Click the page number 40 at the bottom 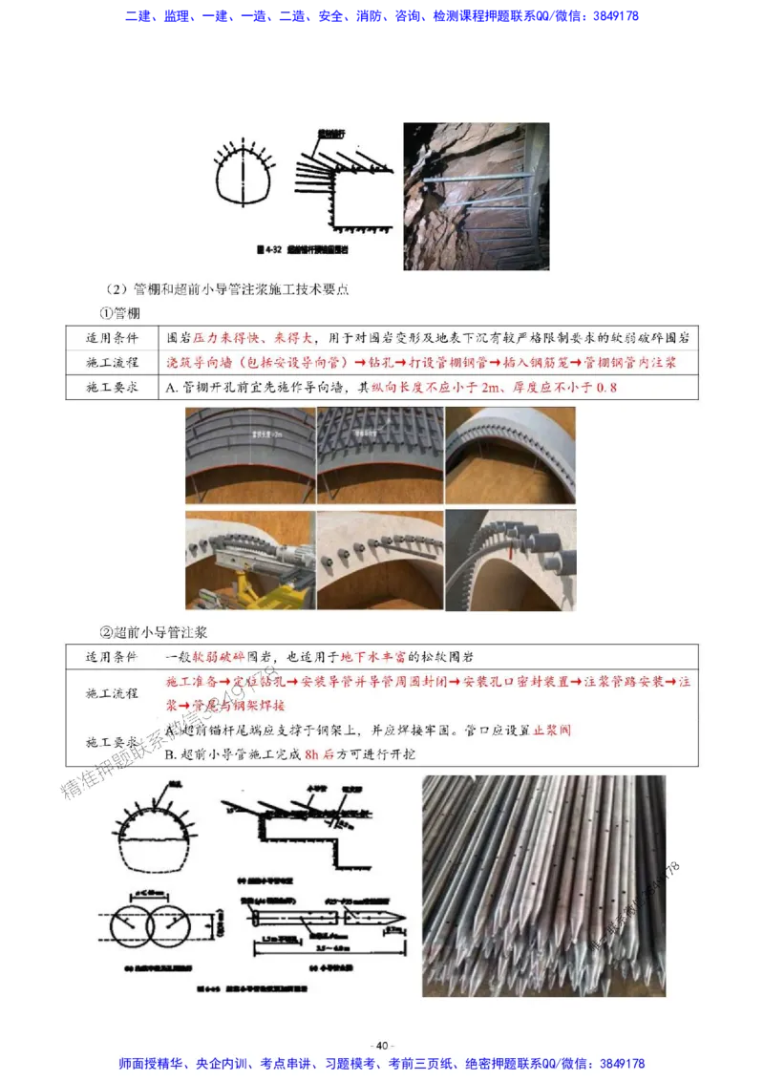(x=382, y=1045)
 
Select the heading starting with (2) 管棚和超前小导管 (x=234, y=288)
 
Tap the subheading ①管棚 (x=121, y=312)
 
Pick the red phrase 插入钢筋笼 (x=555, y=363)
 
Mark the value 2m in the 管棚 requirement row (x=494, y=388)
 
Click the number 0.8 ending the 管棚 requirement (x=606, y=388)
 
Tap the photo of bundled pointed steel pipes (x=543, y=884)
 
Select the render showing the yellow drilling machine (x=247, y=561)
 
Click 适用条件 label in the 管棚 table (x=112, y=338)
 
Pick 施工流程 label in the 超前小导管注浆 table (x=112, y=693)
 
